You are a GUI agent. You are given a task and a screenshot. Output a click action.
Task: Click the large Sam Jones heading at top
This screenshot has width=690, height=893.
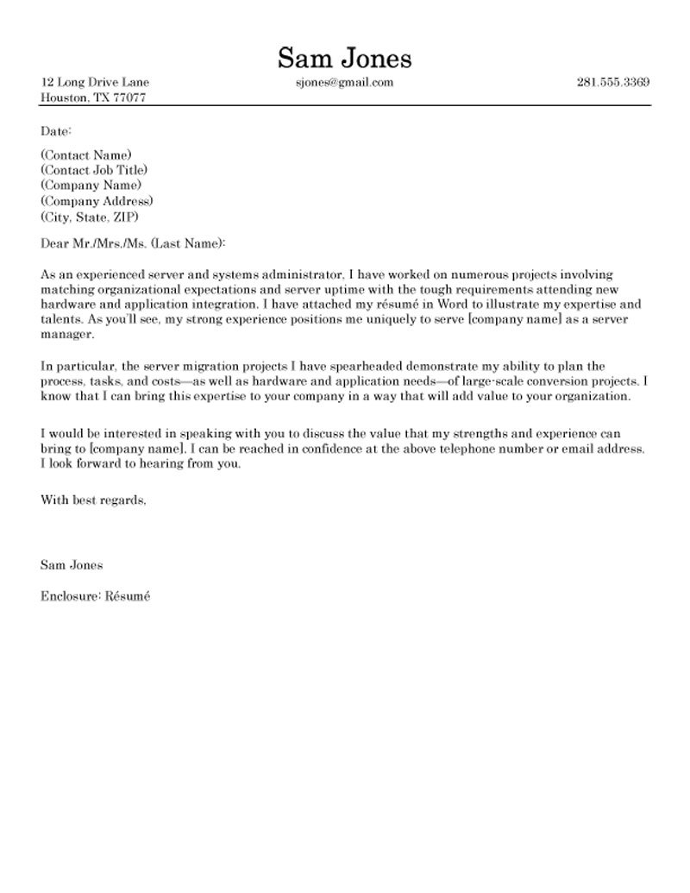tap(344, 58)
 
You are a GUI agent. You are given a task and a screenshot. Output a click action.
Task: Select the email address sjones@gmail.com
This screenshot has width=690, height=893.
tap(344, 83)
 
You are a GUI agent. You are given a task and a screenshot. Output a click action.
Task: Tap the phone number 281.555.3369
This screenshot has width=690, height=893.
tap(612, 83)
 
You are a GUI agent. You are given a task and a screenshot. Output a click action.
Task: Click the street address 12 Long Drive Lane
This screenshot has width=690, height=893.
tap(95, 83)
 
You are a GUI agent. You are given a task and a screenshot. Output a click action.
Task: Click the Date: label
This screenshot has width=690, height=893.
tap(57, 131)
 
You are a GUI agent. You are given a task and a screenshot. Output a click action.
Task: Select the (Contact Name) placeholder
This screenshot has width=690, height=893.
tap(86, 155)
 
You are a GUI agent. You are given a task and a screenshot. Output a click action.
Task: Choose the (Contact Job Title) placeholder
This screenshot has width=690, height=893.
tap(94, 170)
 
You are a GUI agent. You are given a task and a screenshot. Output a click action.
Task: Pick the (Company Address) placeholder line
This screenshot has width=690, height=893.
tap(97, 201)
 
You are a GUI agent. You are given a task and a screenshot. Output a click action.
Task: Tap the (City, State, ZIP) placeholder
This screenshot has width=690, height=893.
tap(90, 217)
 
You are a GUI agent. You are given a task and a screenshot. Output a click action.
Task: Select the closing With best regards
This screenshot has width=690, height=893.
tap(93, 500)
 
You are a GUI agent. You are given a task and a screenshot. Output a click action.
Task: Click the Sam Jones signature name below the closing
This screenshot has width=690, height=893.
tap(72, 565)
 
